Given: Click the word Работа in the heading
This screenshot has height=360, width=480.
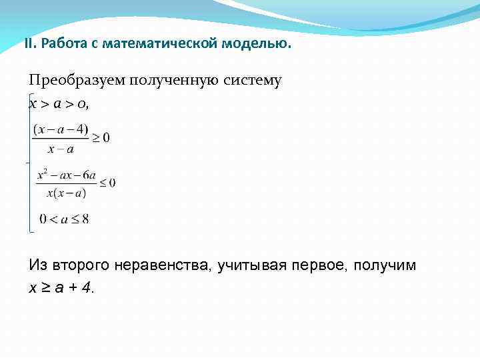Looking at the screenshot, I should pyautogui.click(x=60, y=44).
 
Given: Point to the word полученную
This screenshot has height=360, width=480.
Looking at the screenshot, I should pyautogui.click(x=172, y=81).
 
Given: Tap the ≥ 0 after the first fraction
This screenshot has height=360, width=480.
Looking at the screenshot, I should pyautogui.click(x=101, y=138).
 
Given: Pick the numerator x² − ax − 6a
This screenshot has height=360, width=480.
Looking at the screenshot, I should pyautogui.click(x=67, y=175).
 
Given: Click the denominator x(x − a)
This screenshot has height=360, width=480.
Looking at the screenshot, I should pyautogui.click(x=67, y=193).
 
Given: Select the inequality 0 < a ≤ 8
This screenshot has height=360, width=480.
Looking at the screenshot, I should pyautogui.click(x=64, y=219).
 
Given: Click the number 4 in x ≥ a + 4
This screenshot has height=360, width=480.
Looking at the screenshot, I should pyautogui.click(x=89, y=288).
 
